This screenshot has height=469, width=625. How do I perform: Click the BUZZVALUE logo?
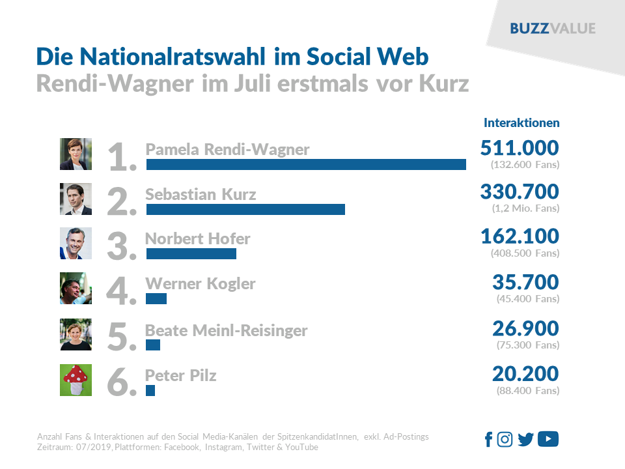[553, 29]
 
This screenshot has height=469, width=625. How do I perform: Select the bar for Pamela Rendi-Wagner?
[306, 164]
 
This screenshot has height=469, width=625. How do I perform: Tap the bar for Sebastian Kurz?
[245, 209]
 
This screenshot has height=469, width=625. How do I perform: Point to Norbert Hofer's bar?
[191, 254]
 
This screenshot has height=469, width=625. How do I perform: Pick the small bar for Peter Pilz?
[150, 390]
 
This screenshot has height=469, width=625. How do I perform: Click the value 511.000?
[519, 148]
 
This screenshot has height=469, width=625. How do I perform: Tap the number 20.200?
[526, 374]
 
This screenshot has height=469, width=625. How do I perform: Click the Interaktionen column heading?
[521, 122]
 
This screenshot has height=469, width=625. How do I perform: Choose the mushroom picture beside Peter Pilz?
[76, 380]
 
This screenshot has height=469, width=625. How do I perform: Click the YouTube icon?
[548, 440]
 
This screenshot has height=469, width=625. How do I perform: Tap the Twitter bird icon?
[525, 440]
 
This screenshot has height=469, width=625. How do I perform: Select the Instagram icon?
[505, 440]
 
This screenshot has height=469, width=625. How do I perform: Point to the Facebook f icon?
[489, 440]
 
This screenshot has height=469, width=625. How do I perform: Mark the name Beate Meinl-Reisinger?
[226, 330]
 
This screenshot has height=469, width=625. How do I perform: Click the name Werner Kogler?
[200, 284]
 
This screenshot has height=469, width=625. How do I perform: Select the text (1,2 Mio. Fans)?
[525, 209]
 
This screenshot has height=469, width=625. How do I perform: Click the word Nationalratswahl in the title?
[174, 57]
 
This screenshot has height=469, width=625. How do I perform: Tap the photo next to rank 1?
[76, 154]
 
